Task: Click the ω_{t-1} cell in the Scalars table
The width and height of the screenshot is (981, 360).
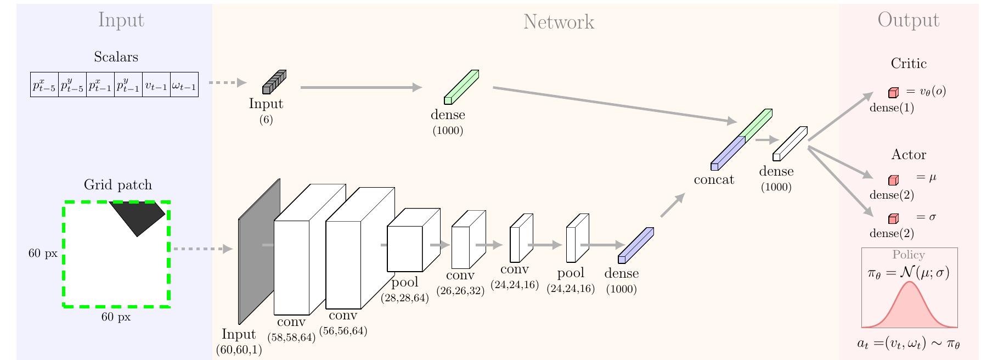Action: click(184, 85)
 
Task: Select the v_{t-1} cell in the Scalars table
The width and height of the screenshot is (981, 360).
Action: click(156, 85)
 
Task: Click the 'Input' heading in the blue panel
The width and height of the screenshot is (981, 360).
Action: click(121, 20)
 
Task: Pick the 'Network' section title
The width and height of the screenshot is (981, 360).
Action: click(559, 22)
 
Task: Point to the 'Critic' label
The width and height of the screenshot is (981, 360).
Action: click(909, 64)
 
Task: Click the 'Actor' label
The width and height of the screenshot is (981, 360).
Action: click(909, 155)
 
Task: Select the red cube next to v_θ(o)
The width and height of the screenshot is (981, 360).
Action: click(893, 92)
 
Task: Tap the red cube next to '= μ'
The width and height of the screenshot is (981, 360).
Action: click(893, 180)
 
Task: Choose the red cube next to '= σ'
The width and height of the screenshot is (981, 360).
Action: click(893, 218)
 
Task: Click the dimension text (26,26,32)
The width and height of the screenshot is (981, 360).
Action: click(460, 291)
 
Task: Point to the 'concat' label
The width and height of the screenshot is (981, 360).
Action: click(714, 180)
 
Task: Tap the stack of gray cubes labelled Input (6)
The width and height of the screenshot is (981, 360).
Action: click(274, 82)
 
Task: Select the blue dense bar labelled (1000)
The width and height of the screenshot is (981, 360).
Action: click(636, 245)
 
